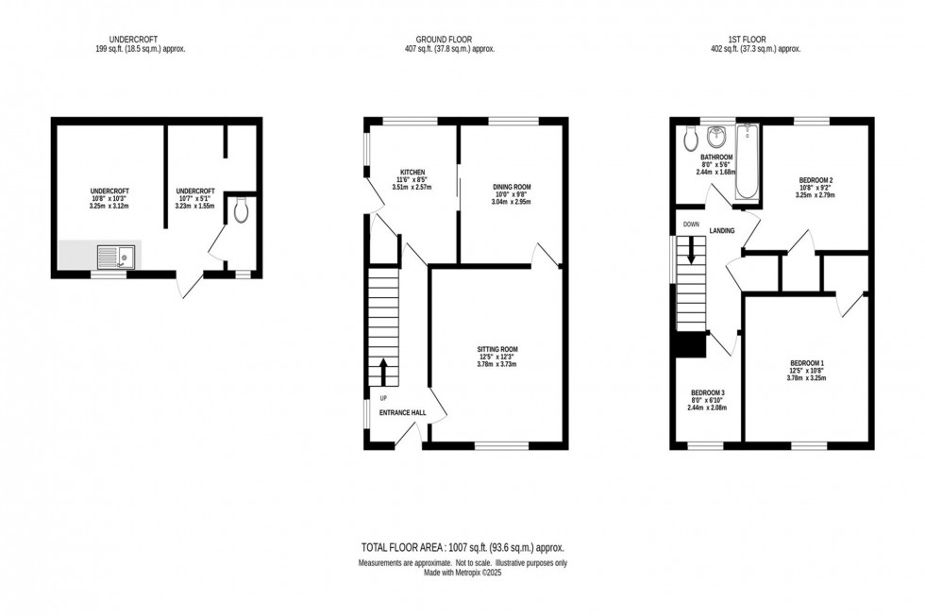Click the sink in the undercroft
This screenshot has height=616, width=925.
coord(118,255)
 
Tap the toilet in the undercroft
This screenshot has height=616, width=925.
coord(241,210)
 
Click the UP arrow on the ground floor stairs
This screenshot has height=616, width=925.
coord(383,371)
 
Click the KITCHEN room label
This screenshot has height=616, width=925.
coord(412,173)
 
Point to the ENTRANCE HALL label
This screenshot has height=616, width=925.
coord(403,412)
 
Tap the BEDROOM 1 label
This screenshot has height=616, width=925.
coord(807,364)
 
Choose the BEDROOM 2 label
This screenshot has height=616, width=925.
coord(816,179)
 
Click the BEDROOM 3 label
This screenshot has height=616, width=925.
coord(708,392)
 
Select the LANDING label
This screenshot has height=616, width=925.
coord(723,230)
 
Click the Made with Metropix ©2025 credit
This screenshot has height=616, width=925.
coord(462,572)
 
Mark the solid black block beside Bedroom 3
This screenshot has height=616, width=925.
coord(691,345)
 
